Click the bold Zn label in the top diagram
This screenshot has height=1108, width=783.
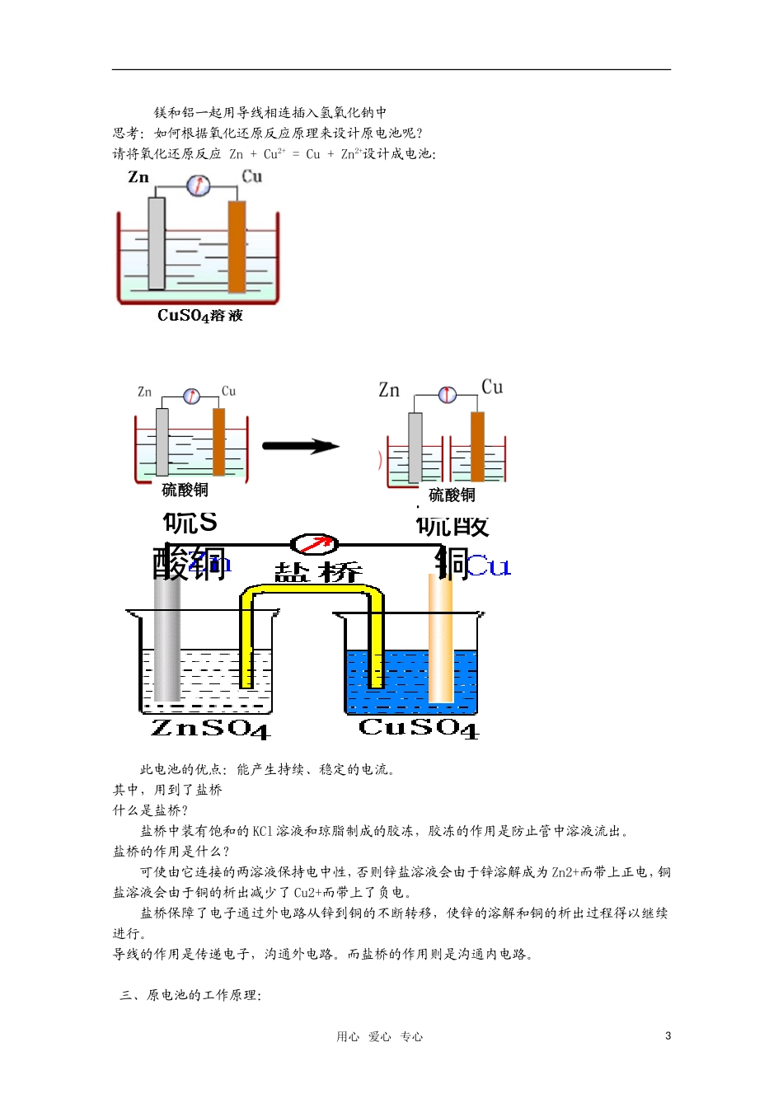(138, 177)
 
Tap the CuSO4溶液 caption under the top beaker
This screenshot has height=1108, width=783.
(200, 315)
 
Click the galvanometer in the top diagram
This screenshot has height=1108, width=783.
(198, 185)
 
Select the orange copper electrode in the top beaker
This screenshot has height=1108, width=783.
(237, 246)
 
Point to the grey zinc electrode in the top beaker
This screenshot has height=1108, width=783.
(157, 242)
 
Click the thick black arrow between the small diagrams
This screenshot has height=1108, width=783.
(300, 447)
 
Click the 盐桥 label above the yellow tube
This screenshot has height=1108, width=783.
(317, 572)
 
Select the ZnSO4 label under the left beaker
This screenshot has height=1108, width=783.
(210, 728)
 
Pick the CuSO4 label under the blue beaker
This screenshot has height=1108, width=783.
(418, 727)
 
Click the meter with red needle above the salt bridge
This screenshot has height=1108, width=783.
(314, 544)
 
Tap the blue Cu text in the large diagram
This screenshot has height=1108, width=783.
(489, 566)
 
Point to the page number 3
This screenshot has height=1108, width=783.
(668, 1036)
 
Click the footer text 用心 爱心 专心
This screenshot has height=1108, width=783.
(379, 1037)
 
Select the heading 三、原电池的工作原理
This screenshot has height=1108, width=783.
(190, 995)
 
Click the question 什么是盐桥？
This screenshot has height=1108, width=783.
(151, 810)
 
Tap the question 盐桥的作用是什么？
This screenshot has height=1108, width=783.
(171, 852)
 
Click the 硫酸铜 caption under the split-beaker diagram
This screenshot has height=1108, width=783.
(452, 495)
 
